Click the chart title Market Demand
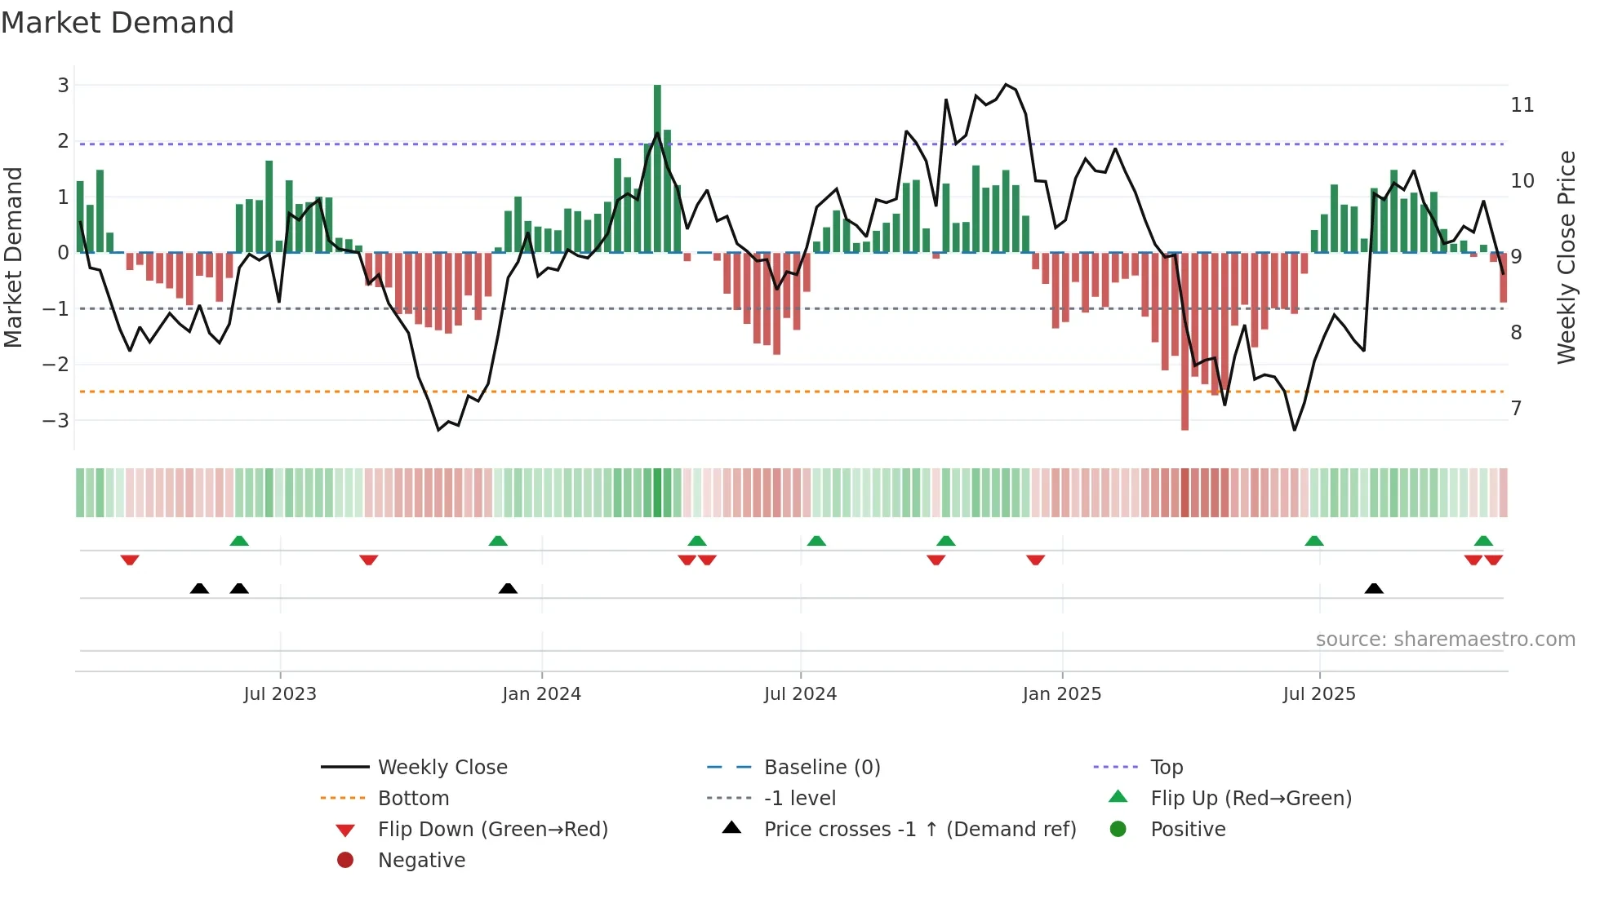[x=118, y=23]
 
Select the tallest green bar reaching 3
[x=657, y=168]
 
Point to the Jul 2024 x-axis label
[x=800, y=694]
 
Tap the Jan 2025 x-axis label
[x=1061, y=694]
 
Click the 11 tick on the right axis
[x=1522, y=105]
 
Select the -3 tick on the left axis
[x=57, y=421]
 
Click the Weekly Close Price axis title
[x=1566, y=257]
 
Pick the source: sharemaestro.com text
[x=1445, y=640]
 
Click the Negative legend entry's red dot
[x=345, y=861]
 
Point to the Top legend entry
[x=1166, y=768]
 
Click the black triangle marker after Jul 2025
[x=1374, y=589]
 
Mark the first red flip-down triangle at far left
[x=130, y=560]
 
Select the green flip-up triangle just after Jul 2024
[x=816, y=541]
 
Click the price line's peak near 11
[x=1006, y=85]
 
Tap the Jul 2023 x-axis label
[x=280, y=694]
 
